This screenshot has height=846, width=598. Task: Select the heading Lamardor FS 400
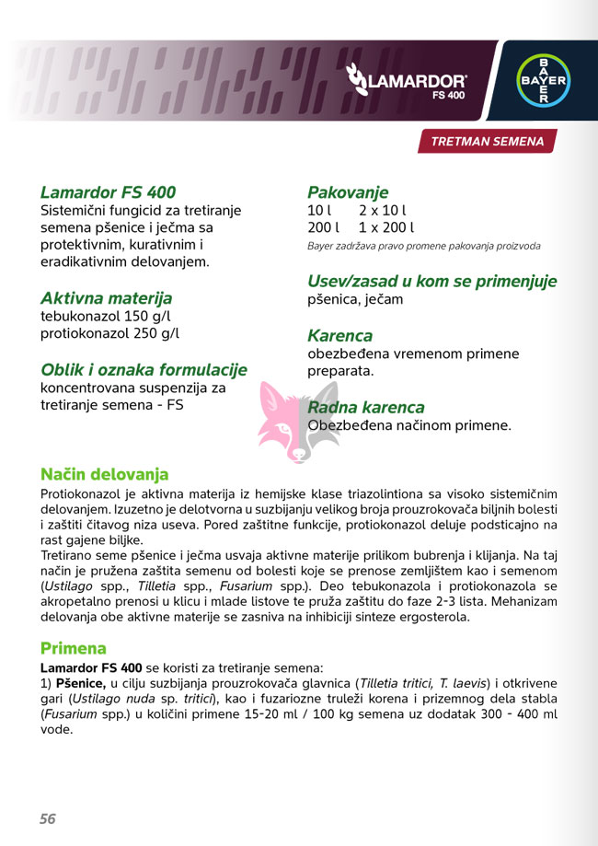108,192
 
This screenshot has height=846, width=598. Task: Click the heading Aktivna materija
106,298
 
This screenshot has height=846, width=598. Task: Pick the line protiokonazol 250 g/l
109,333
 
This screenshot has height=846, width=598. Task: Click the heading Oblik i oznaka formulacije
144,369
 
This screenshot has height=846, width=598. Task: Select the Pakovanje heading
348,192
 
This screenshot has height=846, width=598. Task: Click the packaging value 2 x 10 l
383,211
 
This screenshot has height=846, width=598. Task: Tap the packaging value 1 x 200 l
386,227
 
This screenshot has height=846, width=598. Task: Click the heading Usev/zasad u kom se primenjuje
431,281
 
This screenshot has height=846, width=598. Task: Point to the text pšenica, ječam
355,299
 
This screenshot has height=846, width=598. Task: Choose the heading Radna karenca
365,407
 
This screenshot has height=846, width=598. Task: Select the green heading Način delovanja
104,475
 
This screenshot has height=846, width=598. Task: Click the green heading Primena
74,648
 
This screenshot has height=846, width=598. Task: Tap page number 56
48,818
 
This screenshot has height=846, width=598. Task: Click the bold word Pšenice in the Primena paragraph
82,682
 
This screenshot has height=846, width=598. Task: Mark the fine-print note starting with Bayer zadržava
423,246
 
